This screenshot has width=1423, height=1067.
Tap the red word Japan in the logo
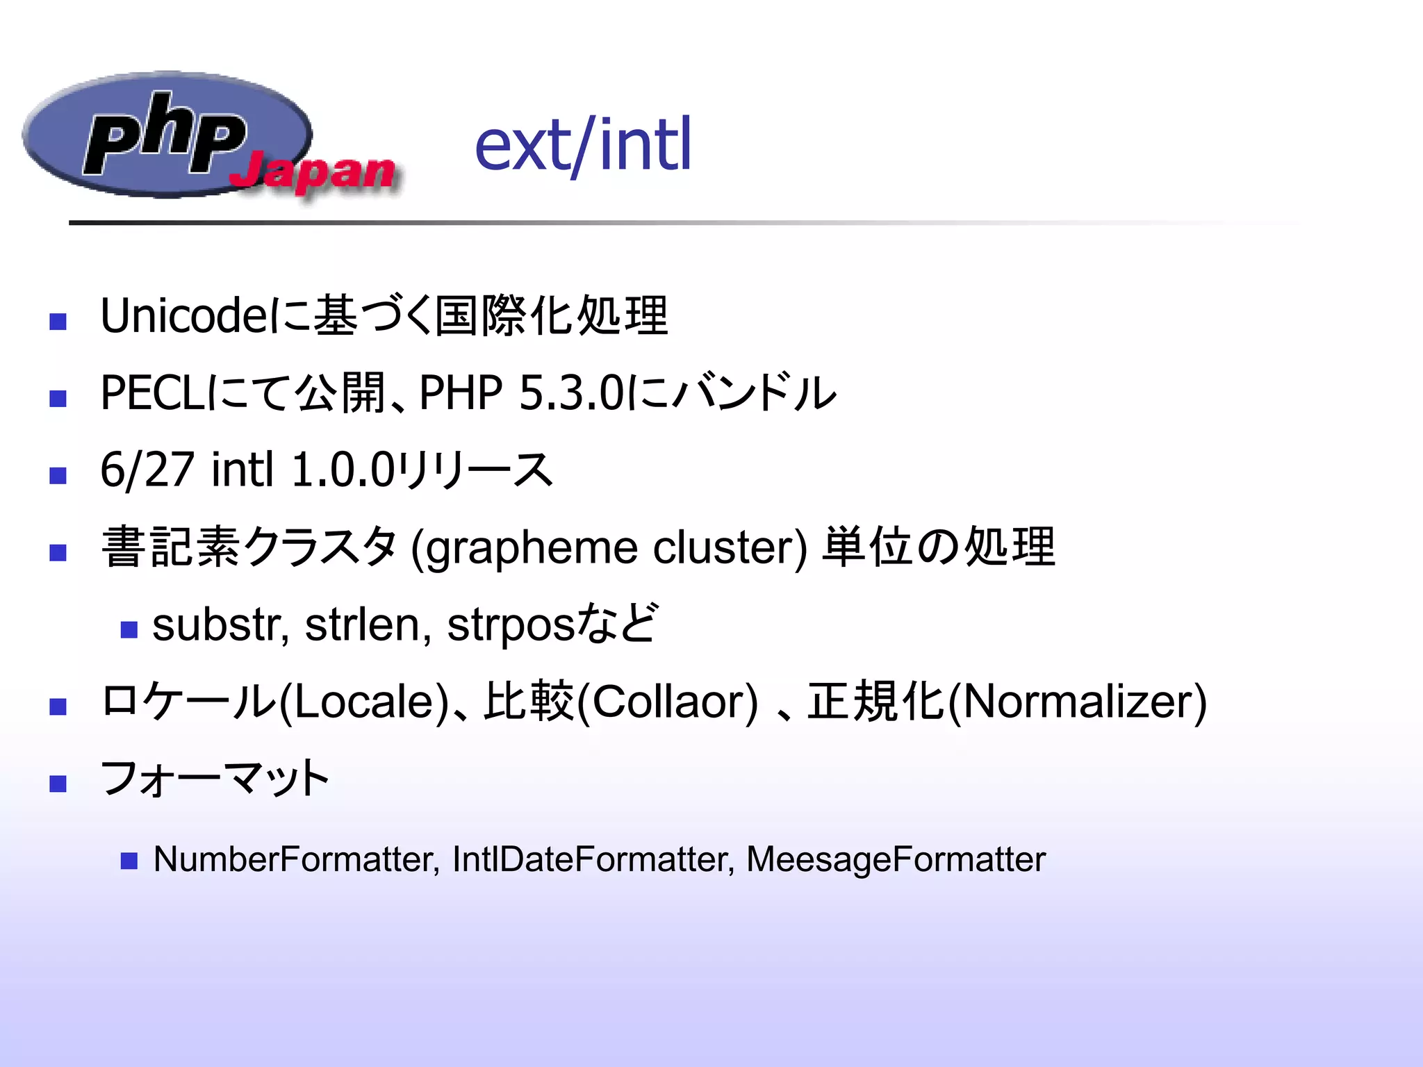point(313,171)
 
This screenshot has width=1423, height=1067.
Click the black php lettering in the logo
point(165,133)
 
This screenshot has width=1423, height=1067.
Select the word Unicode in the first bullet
point(182,316)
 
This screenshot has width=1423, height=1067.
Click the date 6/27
point(147,470)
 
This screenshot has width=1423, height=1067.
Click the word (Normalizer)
point(1078,702)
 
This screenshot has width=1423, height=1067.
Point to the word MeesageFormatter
point(896,859)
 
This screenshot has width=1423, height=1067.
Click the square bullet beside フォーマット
point(58,784)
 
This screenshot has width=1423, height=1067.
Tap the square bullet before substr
point(129,629)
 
